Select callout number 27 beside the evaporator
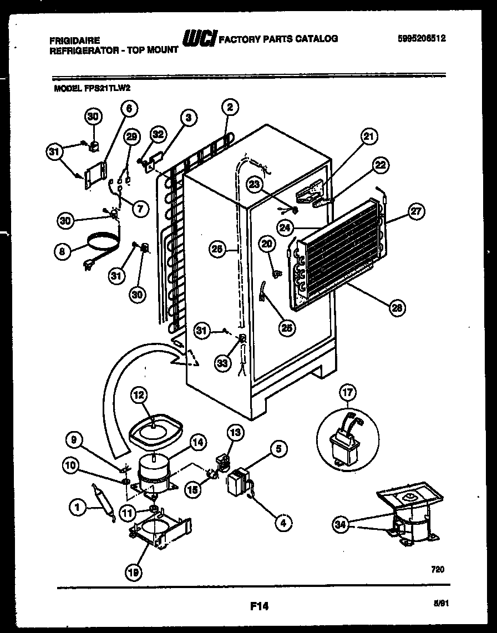click(415, 211)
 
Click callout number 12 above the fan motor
click(139, 396)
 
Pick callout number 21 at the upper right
click(369, 136)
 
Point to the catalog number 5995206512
click(422, 39)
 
